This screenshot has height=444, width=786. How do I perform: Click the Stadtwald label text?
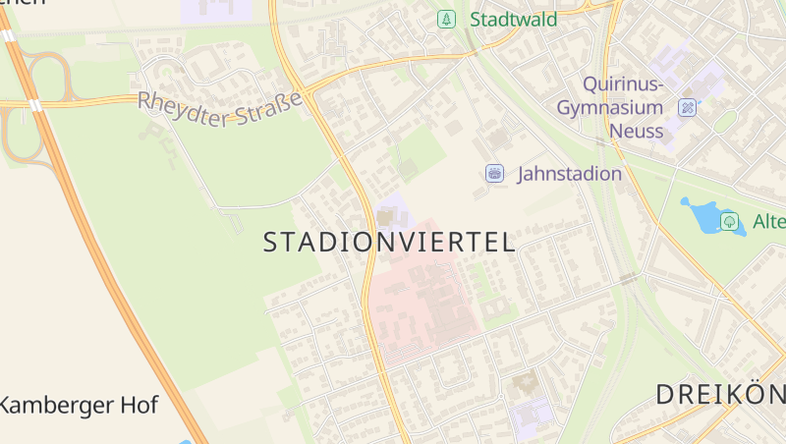(513, 20)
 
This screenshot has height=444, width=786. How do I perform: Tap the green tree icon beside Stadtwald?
(447, 19)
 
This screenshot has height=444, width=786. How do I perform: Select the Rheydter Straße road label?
(219, 108)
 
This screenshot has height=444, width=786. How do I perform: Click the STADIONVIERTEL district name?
(389, 243)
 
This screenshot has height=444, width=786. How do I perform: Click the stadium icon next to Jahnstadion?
(495, 174)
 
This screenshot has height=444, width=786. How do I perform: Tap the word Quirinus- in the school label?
(623, 84)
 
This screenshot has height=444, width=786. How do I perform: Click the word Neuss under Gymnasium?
(636, 130)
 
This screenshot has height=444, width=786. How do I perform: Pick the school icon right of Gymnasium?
(688, 107)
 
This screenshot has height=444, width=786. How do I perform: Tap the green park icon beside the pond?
(730, 221)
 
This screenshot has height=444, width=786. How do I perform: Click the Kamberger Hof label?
(78, 404)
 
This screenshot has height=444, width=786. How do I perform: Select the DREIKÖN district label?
(720, 395)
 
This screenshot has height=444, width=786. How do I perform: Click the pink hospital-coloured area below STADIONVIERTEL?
(422, 305)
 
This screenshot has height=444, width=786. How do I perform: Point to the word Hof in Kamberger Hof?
(139, 404)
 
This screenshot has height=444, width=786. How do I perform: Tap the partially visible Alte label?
(768, 222)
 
